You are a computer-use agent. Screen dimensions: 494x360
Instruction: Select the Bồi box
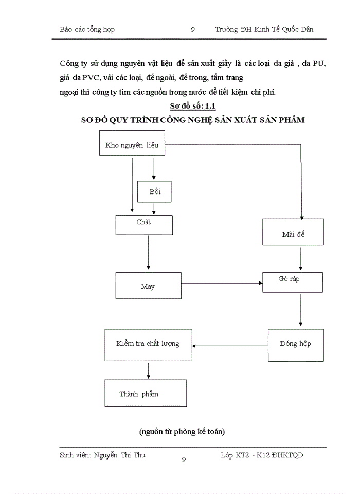click(x=154, y=191)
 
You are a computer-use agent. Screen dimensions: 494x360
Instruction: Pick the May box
click(x=148, y=286)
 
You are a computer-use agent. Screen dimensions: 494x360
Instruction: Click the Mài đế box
click(x=293, y=233)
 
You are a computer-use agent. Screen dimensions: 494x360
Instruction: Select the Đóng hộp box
click(x=296, y=344)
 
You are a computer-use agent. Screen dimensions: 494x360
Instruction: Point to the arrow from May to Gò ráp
click(x=221, y=283)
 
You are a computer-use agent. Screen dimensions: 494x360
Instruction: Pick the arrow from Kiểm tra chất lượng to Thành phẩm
click(x=149, y=370)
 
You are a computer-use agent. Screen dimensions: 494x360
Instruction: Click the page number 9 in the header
click(x=192, y=30)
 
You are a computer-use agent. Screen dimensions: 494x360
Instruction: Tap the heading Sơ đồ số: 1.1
click(x=193, y=107)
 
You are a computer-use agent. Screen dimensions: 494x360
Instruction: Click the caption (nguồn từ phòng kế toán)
click(x=182, y=432)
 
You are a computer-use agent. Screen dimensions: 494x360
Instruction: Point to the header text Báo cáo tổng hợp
click(x=87, y=30)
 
